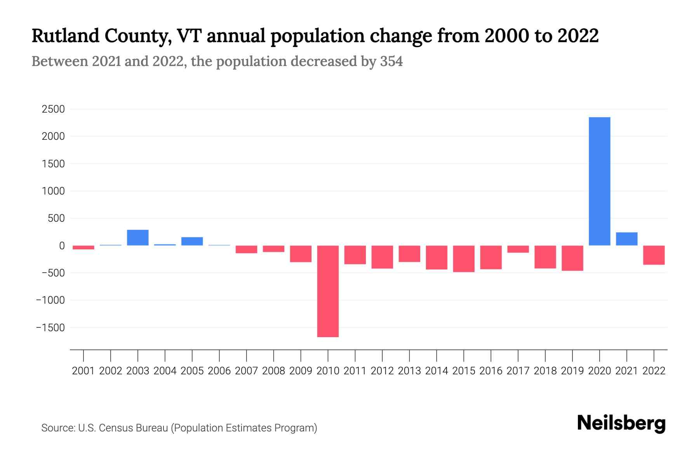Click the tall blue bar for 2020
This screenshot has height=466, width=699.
599,181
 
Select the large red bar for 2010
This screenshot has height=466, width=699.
328,291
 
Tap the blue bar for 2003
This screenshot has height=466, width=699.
138,238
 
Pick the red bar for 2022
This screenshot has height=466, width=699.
654,255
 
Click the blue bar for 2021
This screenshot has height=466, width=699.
626,239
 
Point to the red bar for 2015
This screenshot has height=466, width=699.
464,259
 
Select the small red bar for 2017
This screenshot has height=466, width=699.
518,249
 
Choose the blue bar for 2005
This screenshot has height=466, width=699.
192,241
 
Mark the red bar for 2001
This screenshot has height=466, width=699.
83,247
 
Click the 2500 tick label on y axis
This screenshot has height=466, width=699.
53,109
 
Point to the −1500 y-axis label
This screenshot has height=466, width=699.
50,327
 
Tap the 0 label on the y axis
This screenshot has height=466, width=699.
62,245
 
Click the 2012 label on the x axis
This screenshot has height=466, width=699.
382,371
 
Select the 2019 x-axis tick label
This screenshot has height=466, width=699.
572,371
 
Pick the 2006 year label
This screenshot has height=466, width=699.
219,371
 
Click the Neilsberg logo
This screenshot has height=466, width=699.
621,423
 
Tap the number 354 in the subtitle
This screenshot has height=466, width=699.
391,61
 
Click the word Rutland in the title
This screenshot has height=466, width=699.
65,36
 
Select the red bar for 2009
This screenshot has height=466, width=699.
301,254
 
